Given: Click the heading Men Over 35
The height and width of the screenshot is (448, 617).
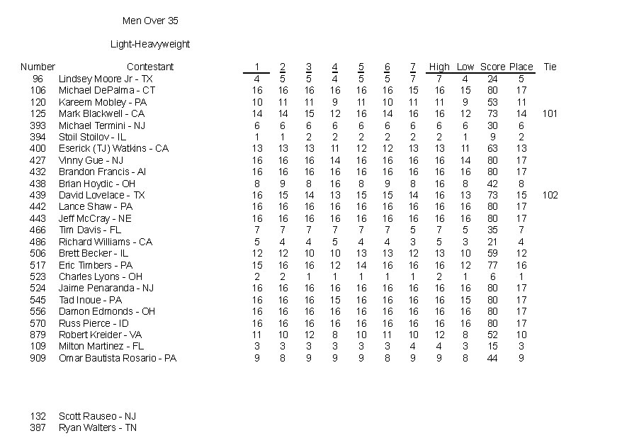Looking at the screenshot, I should [x=150, y=21].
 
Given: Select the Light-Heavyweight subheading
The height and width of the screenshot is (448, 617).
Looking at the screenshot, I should [x=150, y=44].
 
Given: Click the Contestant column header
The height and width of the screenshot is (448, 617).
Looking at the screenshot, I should [x=150, y=67].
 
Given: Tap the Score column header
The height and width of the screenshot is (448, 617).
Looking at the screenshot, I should [x=492, y=67].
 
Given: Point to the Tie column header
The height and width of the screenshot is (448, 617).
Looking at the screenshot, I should [x=550, y=67].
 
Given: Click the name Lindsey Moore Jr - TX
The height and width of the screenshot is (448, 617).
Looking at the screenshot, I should [x=106, y=79].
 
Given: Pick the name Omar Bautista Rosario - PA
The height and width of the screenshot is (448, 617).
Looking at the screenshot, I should [x=118, y=358].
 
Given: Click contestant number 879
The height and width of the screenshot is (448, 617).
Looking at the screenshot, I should [x=38, y=335].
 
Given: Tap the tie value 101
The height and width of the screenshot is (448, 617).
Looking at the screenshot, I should [x=550, y=113].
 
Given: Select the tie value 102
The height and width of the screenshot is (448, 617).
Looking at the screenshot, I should [x=550, y=195].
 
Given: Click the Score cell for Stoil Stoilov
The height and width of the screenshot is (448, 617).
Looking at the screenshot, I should [x=492, y=137].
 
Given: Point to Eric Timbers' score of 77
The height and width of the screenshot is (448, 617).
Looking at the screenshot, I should [x=492, y=265].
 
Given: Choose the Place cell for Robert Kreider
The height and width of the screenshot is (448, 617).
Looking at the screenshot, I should [x=521, y=335].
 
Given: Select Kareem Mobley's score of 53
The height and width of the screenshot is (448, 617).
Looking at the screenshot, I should [x=492, y=102].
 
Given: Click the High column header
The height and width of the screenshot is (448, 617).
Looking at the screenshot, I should [x=439, y=67].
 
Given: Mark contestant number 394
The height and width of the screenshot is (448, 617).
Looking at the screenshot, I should [x=38, y=137].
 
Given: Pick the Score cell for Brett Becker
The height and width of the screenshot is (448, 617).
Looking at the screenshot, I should [x=492, y=253].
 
